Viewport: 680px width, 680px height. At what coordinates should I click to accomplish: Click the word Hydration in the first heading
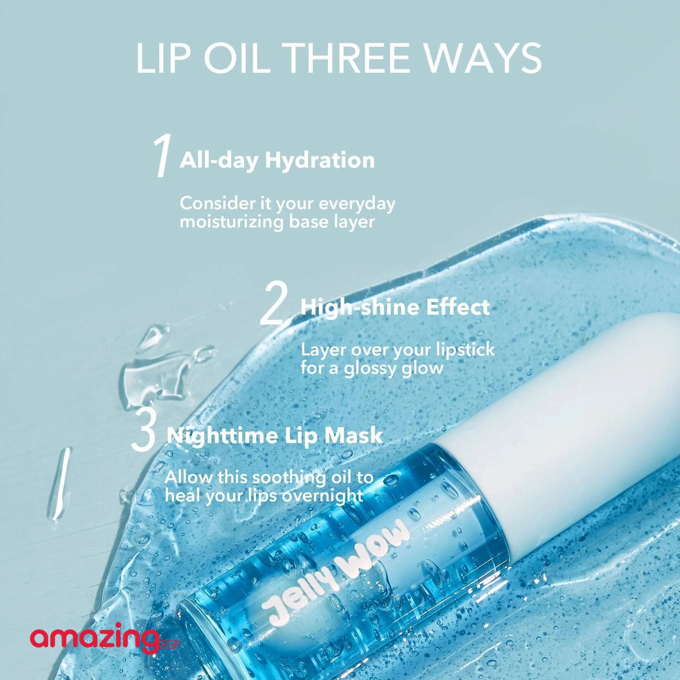coord(320,160)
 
